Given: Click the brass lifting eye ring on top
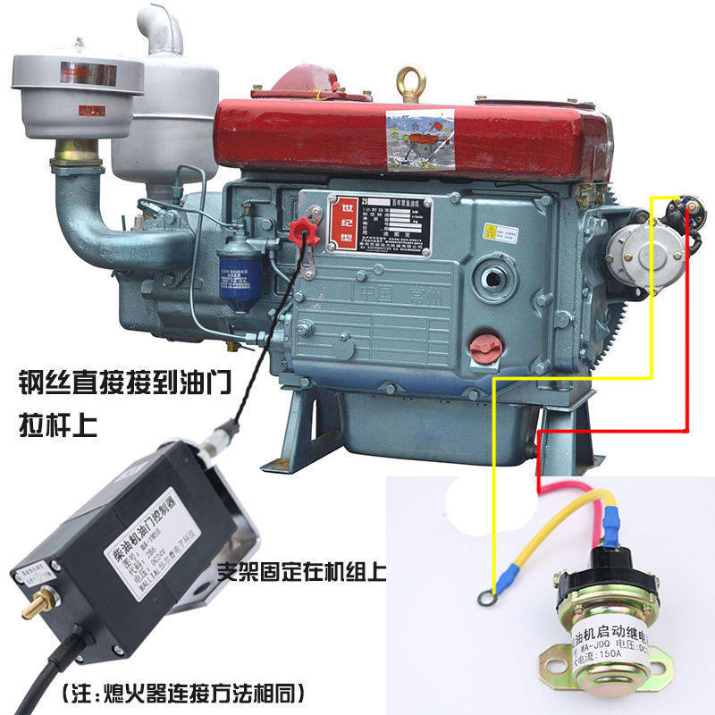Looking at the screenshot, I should [411, 80].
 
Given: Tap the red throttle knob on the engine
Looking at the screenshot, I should [307, 228].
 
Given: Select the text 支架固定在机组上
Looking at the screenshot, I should [300, 571].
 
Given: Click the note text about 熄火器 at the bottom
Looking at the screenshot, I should [183, 691].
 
